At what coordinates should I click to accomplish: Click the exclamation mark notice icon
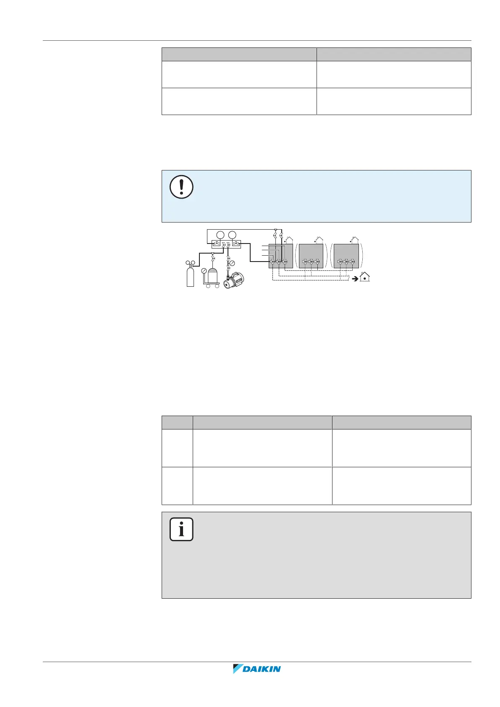(x=181, y=187)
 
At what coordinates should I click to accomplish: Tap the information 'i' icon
(x=181, y=529)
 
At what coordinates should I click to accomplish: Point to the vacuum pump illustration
(x=233, y=280)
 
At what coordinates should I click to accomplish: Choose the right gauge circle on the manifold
(x=232, y=235)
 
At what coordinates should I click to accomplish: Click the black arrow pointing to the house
(x=355, y=278)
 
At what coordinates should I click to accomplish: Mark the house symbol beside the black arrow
(x=365, y=277)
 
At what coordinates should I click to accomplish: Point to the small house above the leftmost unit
(x=288, y=240)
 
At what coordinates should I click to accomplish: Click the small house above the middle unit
(x=319, y=240)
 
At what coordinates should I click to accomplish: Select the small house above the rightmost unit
(x=355, y=240)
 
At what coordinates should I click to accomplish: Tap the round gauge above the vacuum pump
(x=232, y=263)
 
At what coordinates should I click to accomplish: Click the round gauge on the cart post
(x=204, y=271)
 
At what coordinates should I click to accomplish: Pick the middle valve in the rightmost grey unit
(x=346, y=262)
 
